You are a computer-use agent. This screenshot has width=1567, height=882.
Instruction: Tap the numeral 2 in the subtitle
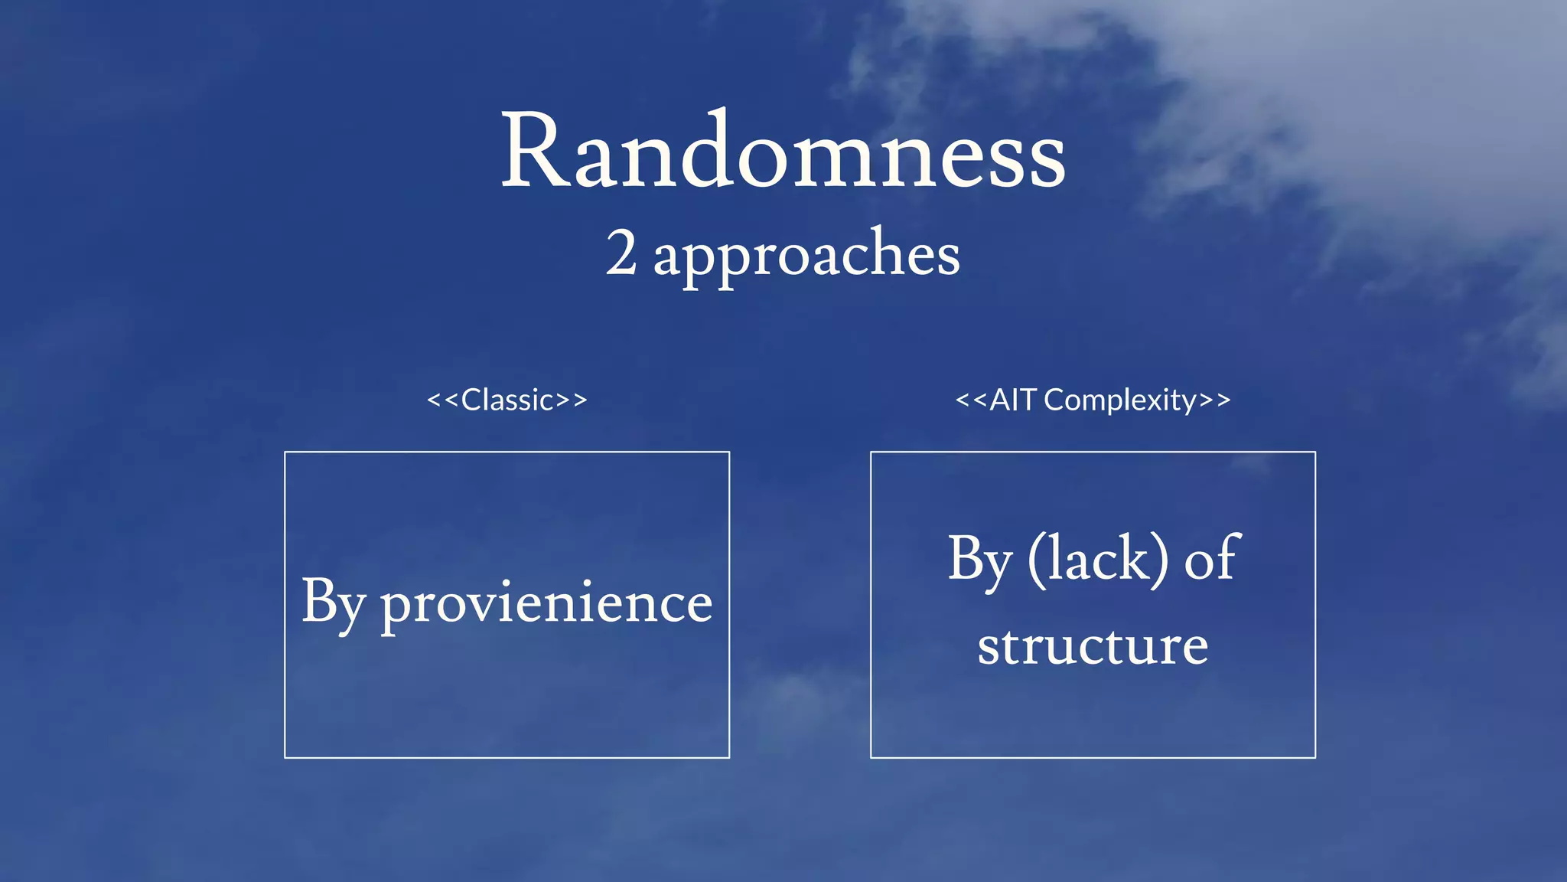[x=621, y=253]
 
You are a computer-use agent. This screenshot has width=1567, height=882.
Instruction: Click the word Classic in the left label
[x=507, y=400]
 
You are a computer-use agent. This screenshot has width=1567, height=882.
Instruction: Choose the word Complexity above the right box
[x=1120, y=400]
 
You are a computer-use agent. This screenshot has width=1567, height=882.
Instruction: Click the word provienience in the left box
[x=546, y=603]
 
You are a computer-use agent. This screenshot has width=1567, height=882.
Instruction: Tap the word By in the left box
[x=333, y=603]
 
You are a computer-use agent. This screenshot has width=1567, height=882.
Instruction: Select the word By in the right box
[x=980, y=560]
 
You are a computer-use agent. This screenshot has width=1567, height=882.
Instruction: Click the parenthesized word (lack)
[x=1098, y=560]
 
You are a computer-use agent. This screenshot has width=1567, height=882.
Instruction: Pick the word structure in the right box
[x=1093, y=646]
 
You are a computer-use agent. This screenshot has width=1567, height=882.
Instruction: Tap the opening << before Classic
[x=442, y=400]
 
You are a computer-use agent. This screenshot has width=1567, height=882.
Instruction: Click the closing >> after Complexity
[x=1215, y=400]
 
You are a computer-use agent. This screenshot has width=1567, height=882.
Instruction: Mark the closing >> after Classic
[x=572, y=400]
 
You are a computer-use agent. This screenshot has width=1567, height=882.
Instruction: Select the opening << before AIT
[x=971, y=400]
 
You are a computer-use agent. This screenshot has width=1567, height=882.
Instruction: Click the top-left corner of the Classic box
[x=285, y=452]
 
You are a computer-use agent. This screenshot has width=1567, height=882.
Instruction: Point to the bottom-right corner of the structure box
[x=1315, y=757]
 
